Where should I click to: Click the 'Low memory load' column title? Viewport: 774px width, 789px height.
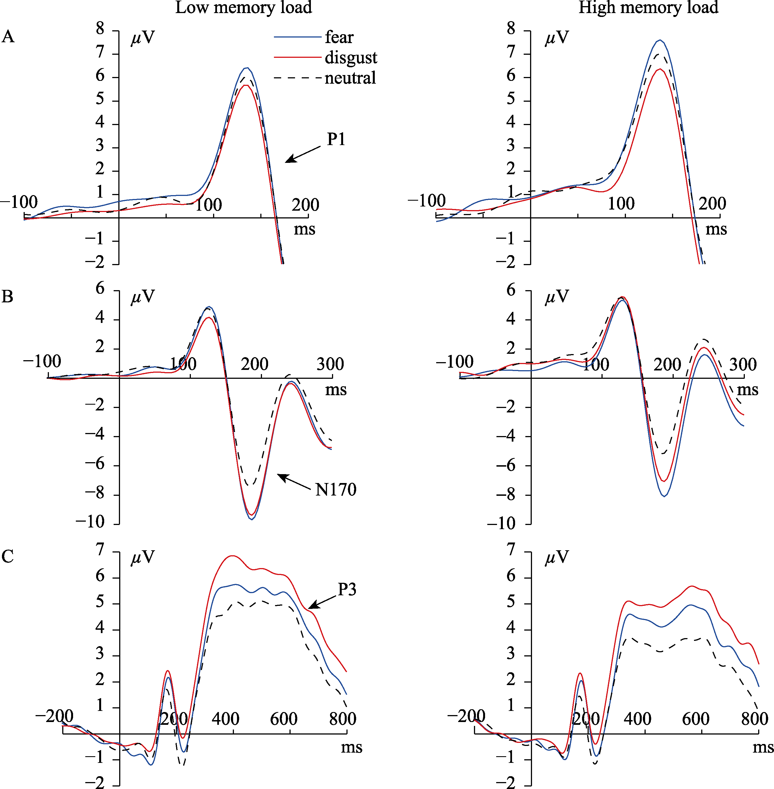(x=243, y=8)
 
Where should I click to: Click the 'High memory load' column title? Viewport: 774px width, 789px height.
(x=648, y=8)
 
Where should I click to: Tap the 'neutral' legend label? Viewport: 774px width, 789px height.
(x=350, y=78)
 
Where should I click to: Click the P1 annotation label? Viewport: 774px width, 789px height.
(x=336, y=140)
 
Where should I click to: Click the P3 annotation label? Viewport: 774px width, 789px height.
(x=347, y=589)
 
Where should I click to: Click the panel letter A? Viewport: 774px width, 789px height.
(x=8, y=37)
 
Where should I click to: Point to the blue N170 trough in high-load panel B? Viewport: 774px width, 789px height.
(x=664, y=496)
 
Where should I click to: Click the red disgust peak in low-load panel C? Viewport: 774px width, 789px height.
(x=232, y=556)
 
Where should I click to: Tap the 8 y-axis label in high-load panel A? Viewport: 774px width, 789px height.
(x=511, y=29)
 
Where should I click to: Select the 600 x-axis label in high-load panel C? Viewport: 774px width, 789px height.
(x=696, y=719)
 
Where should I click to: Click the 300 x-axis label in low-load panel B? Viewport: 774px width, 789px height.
(x=330, y=364)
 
